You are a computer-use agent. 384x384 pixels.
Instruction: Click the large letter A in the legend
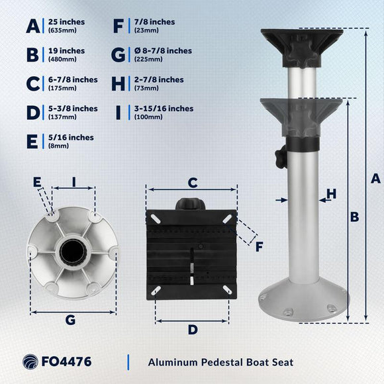32,26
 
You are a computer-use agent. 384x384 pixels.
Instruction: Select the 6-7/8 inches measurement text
73,79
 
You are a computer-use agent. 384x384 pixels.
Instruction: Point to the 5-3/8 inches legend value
73,109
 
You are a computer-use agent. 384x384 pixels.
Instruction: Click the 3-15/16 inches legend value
162,109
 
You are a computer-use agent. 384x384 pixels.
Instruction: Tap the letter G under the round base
71,320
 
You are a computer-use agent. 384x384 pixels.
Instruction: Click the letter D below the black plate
193,329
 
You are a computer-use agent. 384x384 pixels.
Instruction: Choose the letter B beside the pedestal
355,216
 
